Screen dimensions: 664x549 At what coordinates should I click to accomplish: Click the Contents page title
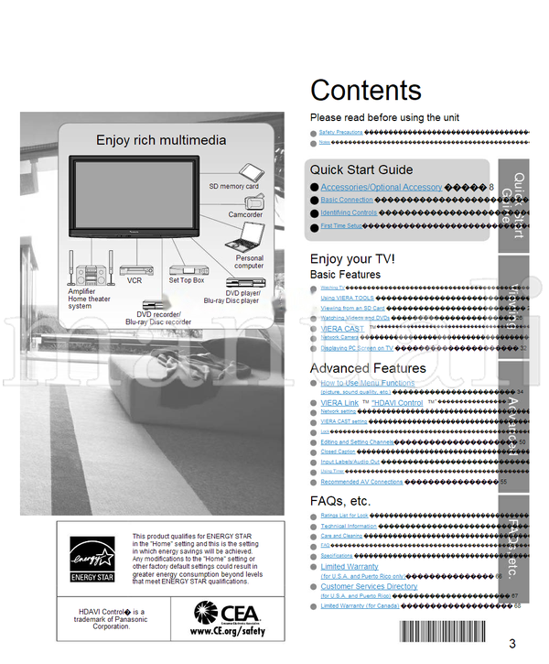366,90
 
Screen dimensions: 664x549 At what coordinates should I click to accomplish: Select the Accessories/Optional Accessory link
381,187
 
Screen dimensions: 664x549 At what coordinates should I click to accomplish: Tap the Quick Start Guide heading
361,169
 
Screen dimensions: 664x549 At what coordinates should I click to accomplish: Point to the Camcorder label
245,215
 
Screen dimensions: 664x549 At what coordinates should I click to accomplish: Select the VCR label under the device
135,281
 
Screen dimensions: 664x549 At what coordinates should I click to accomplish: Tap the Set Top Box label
186,281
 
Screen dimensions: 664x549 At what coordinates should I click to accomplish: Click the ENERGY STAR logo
94,560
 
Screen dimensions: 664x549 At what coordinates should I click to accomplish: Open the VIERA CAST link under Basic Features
342,328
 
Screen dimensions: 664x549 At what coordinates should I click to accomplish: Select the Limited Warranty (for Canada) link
360,605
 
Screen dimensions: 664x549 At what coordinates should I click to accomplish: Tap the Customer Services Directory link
368,586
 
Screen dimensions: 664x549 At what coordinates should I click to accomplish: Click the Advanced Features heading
368,368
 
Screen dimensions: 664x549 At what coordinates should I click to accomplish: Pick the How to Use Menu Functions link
367,383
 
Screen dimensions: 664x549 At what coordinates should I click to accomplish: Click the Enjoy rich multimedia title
161,140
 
